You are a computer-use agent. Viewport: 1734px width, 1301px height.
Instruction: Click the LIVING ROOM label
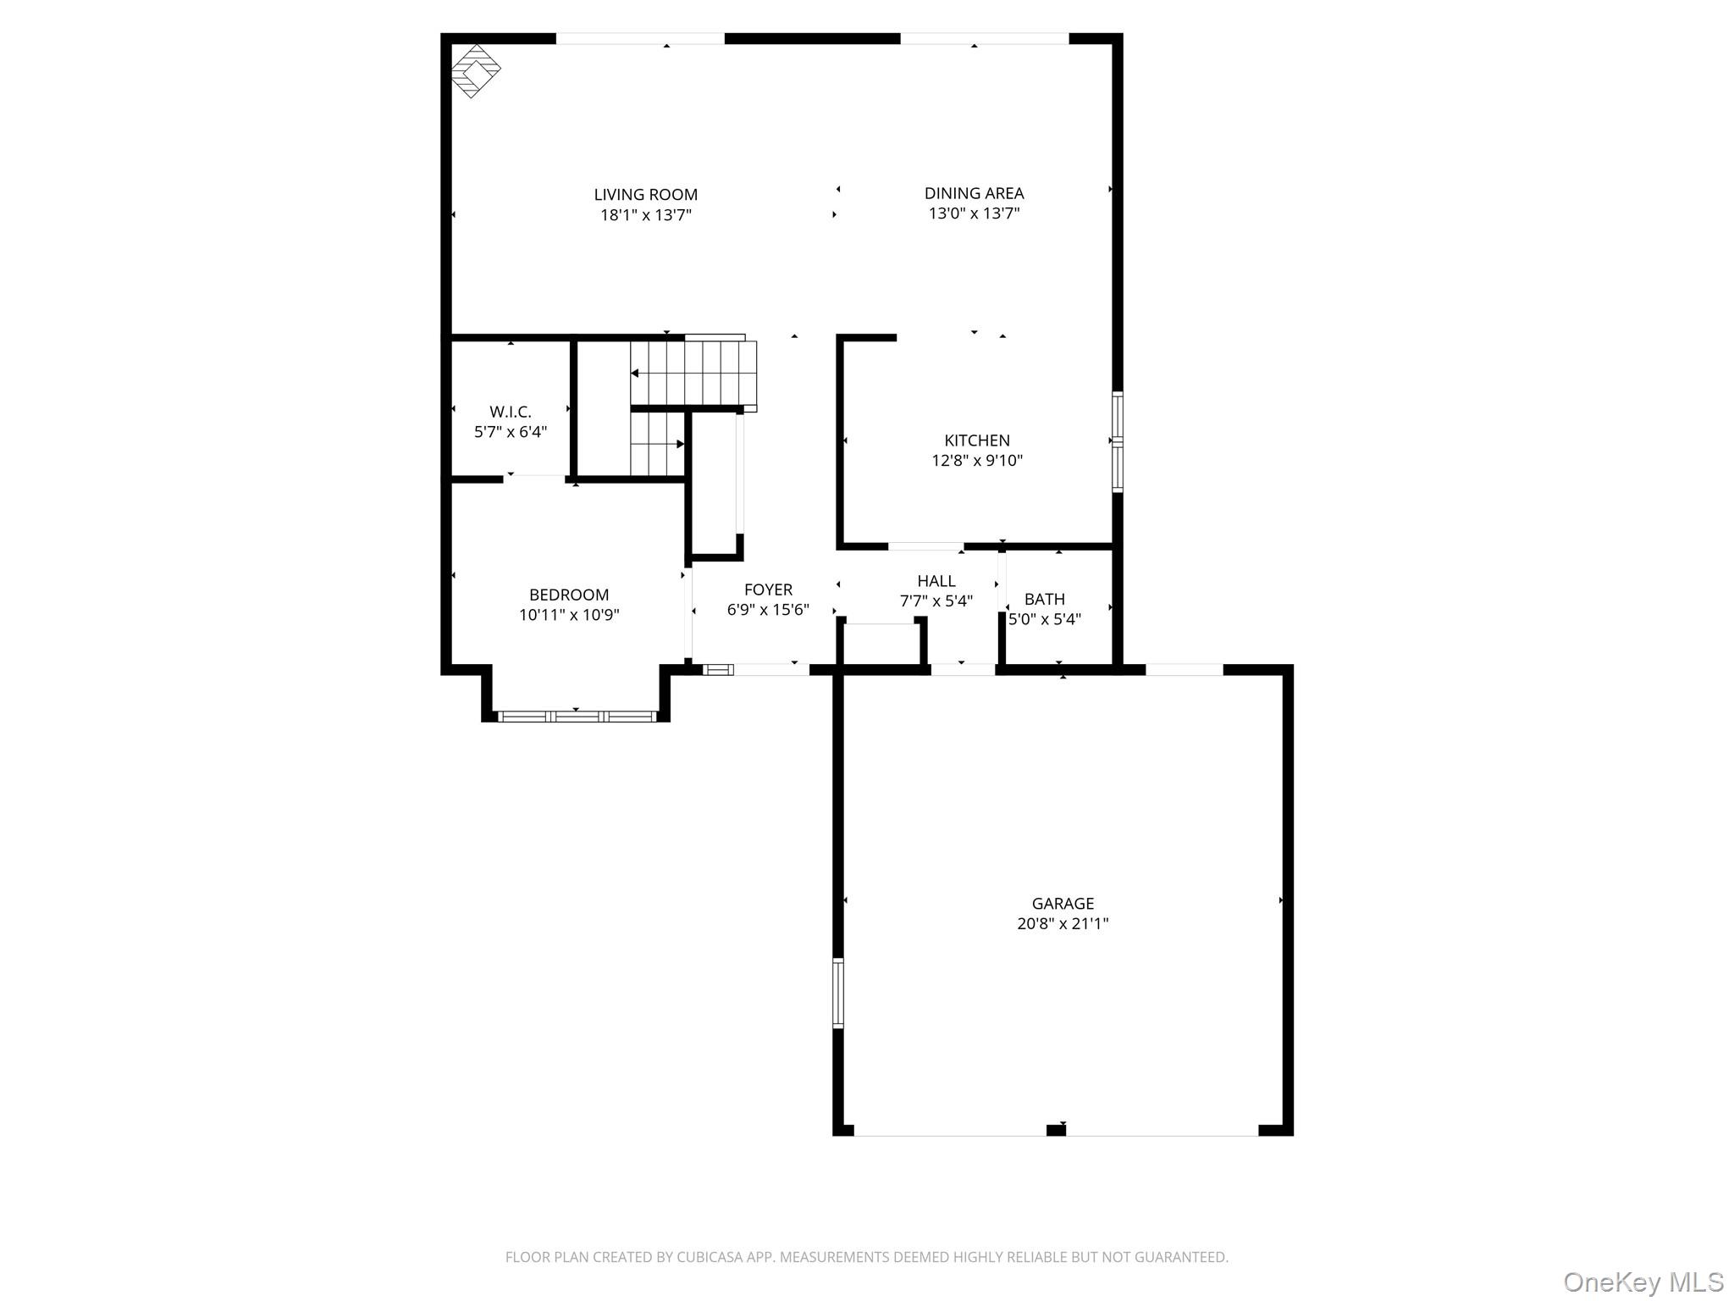[x=645, y=195]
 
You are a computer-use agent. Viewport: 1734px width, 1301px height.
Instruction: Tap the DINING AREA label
[x=974, y=193]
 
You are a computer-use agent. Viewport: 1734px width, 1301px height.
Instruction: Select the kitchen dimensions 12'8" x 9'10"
[x=977, y=461]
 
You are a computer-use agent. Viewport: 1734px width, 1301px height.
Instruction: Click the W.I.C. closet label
[x=510, y=412]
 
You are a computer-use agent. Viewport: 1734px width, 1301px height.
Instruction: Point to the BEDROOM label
[x=569, y=595]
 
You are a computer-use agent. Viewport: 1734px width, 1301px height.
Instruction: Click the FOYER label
[x=768, y=590]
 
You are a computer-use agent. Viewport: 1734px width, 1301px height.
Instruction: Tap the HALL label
[x=936, y=581]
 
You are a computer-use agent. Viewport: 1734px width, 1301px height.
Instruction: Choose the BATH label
[x=1044, y=599]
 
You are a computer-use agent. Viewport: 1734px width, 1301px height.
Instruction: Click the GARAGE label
[x=1063, y=903]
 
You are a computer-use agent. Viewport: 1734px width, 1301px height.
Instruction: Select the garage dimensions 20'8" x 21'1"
[x=1063, y=924]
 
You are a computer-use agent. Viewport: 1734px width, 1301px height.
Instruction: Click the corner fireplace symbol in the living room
[x=475, y=70]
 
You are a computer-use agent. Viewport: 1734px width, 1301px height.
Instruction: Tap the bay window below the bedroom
[x=577, y=717]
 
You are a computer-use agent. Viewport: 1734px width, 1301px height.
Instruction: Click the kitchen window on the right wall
[x=1117, y=441]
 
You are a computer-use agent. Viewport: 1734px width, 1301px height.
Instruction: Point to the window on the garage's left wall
[x=838, y=992]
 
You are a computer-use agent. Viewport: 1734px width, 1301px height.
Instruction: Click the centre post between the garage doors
[x=1055, y=1129]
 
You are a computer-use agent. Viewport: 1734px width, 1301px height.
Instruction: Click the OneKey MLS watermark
[x=1643, y=1282]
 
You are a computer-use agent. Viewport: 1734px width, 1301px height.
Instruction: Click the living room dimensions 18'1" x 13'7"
[x=645, y=215]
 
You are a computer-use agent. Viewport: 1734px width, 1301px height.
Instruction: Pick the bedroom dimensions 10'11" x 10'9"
[x=569, y=615]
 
